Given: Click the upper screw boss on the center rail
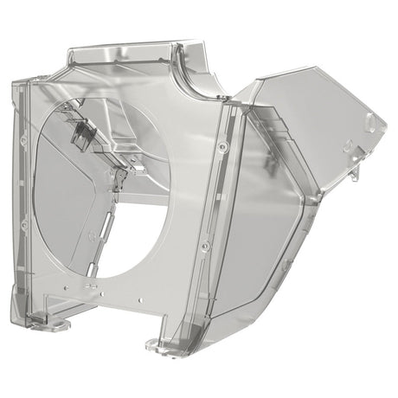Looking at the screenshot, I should coord(224,150).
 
